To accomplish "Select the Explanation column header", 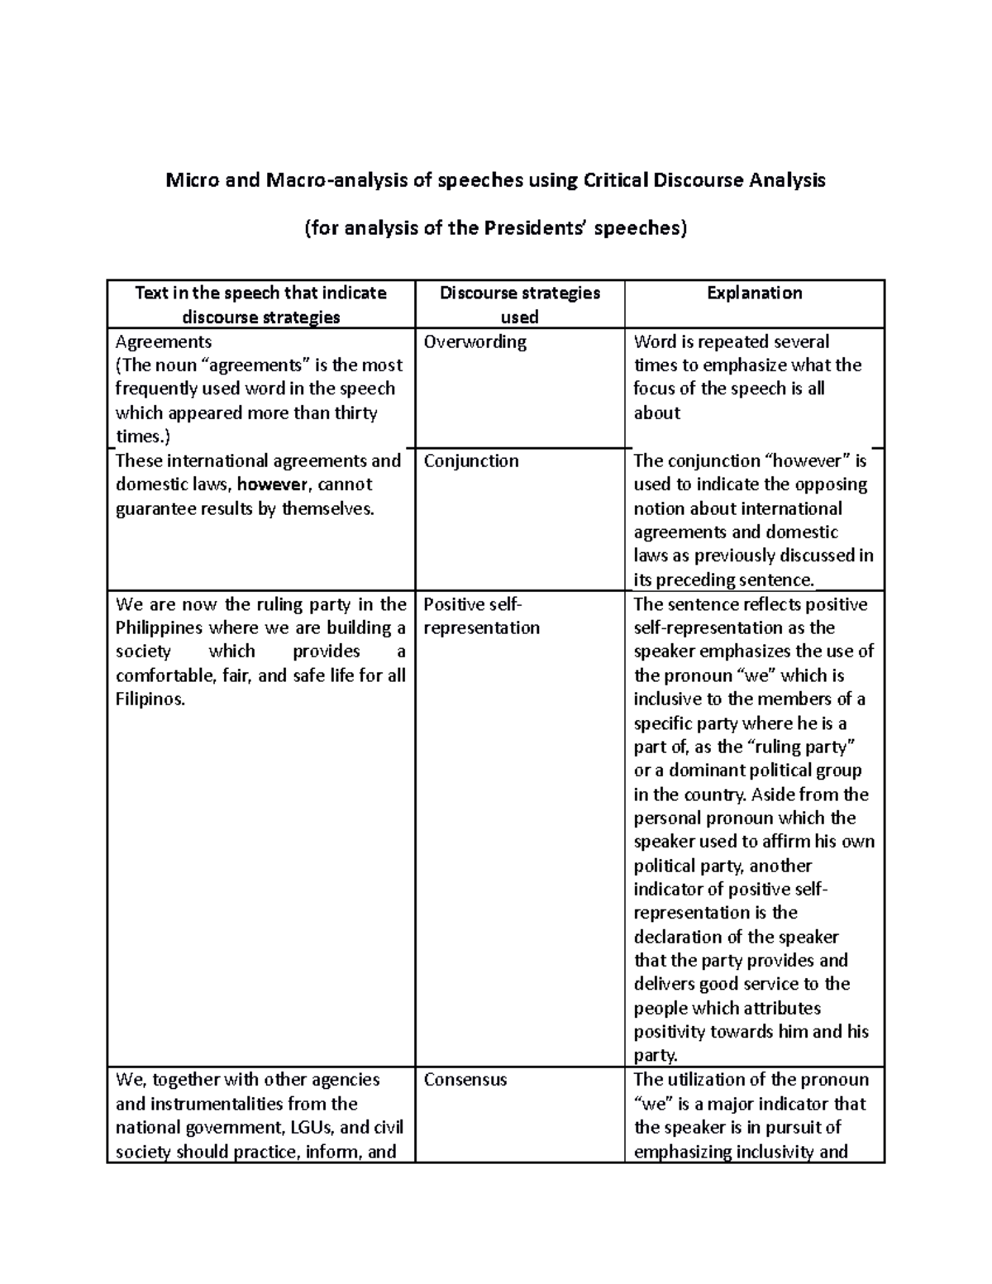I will click(754, 293).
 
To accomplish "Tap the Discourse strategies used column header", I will click(519, 304).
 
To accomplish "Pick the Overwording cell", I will click(475, 341).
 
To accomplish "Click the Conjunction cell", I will click(471, 461).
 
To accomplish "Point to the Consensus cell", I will click(465, 1080).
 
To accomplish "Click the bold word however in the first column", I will click(272, 484).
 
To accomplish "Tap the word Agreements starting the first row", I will click(163, 341).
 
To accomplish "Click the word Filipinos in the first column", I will click(150, 699).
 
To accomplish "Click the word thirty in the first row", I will click(355, 413).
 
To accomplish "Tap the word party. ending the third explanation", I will click(656, 1056).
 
